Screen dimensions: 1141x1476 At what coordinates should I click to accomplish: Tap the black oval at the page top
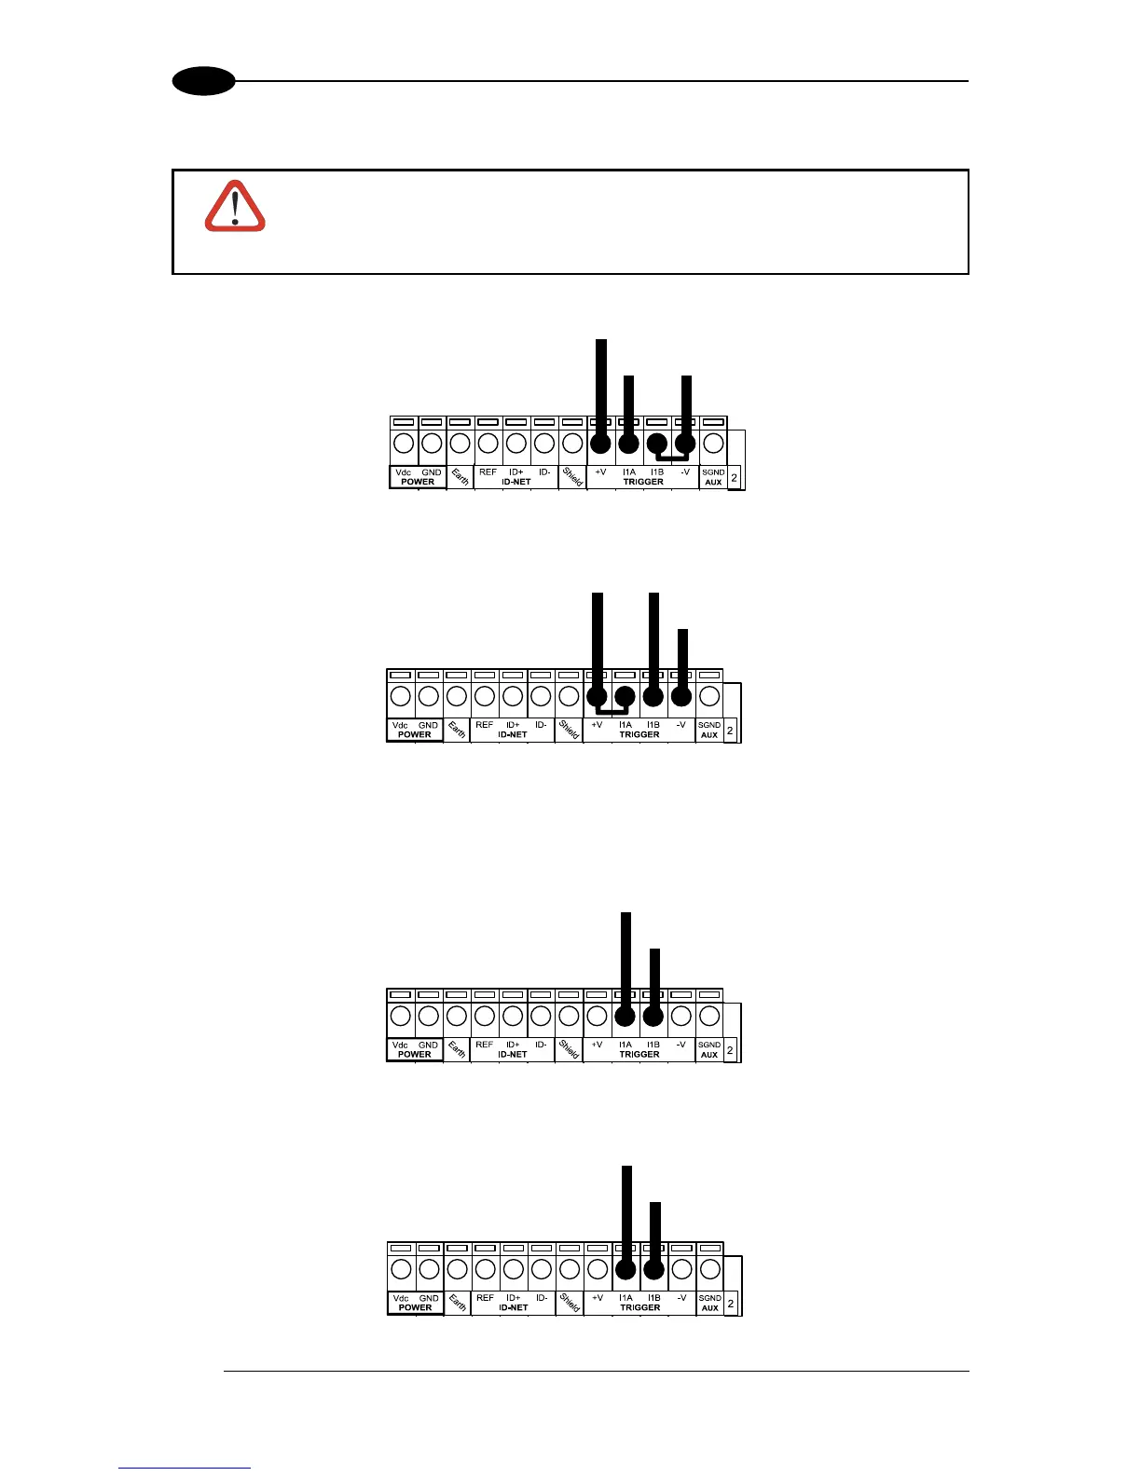point(203,82)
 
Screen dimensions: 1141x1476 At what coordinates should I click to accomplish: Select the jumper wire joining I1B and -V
point(672,458)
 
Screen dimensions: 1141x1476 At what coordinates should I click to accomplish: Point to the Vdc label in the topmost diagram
point(404,472)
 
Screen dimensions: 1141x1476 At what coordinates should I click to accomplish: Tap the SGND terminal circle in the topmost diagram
point(713,444)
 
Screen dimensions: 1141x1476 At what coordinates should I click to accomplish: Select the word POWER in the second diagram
point(415,734)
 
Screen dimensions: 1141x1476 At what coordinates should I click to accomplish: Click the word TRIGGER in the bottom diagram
point(640,1307)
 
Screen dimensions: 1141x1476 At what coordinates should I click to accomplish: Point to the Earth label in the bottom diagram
point(457,1303)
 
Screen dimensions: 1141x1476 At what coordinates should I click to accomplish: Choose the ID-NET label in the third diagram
point(513,1055)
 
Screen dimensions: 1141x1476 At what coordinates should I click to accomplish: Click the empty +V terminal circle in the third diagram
point(598,1016)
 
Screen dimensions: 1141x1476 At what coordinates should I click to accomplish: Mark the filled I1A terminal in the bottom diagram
point(625,1269)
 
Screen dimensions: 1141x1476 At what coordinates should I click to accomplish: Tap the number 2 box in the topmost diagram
point(735,478)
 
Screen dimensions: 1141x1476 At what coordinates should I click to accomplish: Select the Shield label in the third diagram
point(569,1048)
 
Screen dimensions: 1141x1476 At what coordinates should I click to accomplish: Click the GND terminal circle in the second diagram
point(428,696)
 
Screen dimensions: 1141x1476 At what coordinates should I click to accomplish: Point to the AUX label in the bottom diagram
point(710,1308)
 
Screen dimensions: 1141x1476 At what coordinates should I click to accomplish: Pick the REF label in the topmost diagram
point(488,472)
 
